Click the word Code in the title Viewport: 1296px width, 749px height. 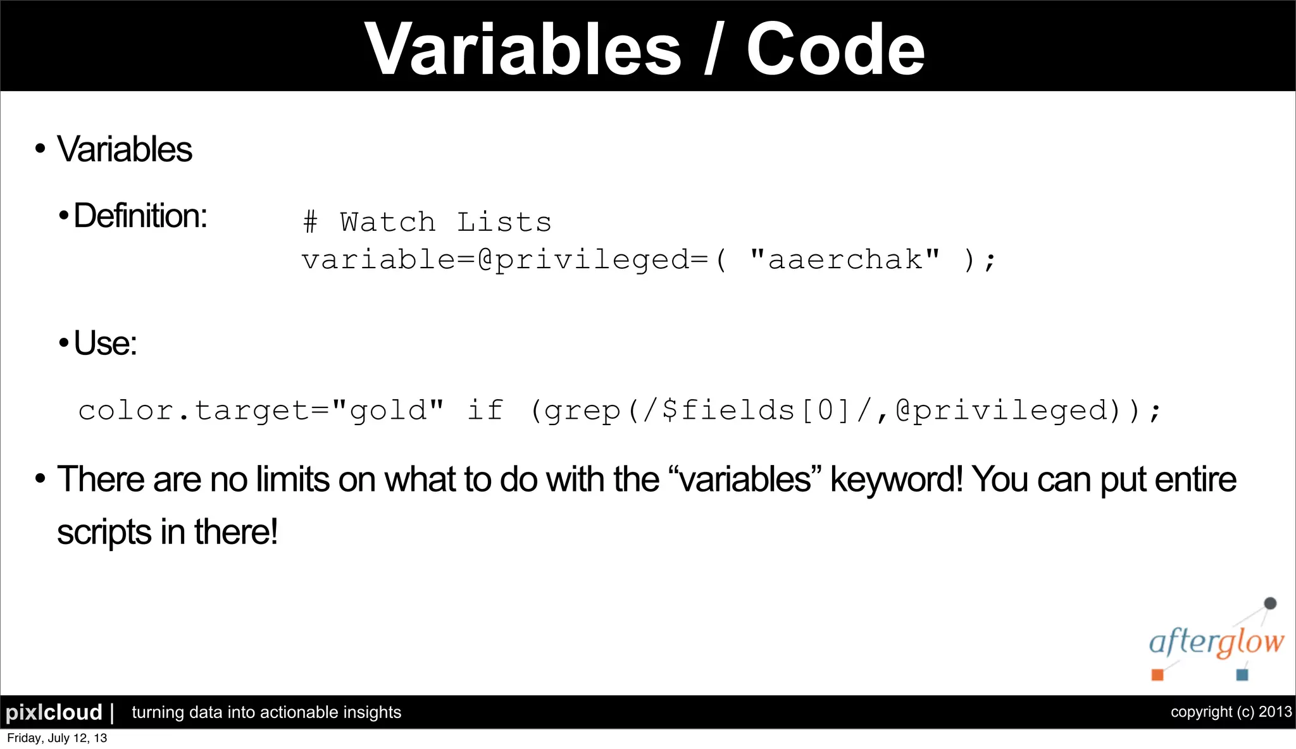[835, 49]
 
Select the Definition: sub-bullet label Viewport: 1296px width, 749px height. [140, 216]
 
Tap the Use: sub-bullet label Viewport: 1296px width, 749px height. [105, 344]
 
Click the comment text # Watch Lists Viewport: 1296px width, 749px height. [427, 223]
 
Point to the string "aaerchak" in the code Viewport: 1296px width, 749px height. [844, 259]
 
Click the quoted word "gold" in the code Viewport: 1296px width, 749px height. [387, 411]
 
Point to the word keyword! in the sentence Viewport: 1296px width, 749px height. [897, 480]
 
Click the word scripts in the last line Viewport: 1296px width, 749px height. [113, 532]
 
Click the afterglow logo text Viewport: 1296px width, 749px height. [1216, 642]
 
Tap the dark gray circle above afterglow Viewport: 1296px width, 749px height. [1269, 604]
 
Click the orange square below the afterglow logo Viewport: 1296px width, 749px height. [1157, 674]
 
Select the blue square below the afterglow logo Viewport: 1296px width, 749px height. [1242, 674]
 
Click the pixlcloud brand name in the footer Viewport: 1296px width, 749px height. [54, 712]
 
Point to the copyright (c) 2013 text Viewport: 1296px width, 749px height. [1231, 712]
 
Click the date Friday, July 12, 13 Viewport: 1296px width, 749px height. [57, 738]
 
